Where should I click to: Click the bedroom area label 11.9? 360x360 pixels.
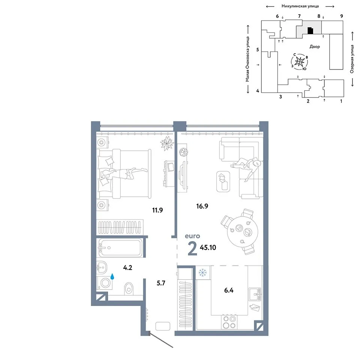[x=157, y=210]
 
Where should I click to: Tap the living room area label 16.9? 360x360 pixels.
[x=202, y=206]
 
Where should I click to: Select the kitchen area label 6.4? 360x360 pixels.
[x=229, y=290]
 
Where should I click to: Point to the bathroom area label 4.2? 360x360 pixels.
[x=127, y=268]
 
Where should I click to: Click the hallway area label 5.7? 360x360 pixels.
[x=161, y=283]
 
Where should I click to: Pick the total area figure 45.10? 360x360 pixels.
[x=208, y=247]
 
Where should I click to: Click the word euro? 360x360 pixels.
[x=192, y=236]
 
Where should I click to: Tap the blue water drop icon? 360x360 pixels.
[x=112, y=276]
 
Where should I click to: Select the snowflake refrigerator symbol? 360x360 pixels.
[x=203, y=273]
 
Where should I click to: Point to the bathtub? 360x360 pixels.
[x=120, y=248]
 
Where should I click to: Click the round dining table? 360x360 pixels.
[x=243, y=232]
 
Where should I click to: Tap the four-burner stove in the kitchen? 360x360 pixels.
[x=229, y=322]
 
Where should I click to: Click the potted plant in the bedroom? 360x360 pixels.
[x=167, y=144]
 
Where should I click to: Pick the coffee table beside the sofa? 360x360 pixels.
[x=223, y=181]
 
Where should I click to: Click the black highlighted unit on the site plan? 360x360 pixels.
[x=310, y=31]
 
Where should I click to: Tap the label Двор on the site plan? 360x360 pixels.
[x=315, y=46]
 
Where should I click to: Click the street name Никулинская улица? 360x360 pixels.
[x=300, y=6]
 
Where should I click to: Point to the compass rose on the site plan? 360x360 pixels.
[x=299, y=61]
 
